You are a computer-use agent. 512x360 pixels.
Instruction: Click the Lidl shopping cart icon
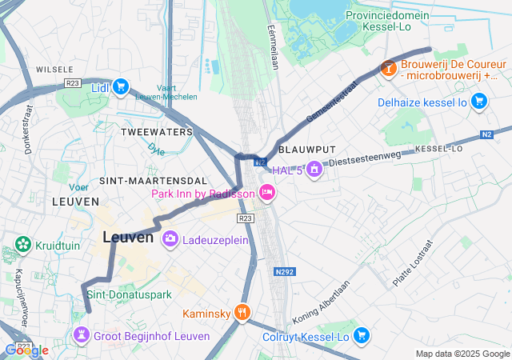tap(121, 87)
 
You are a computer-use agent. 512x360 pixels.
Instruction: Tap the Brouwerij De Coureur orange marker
tap(388, 69)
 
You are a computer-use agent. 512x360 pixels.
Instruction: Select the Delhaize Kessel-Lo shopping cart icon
tap(478, 101)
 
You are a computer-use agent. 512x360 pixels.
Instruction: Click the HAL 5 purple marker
tap(314, 170)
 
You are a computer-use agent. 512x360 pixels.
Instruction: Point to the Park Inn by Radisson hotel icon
tap(266, 193)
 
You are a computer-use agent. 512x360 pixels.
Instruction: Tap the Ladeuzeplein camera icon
tap(170, 238)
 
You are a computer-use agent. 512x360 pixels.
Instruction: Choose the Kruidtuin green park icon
tap(22, 245)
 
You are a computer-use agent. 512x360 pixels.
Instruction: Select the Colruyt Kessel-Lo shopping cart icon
tap(362, 336)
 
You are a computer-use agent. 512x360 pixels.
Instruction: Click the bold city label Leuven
tap(128, 238)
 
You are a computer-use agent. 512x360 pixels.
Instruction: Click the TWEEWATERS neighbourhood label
tap(157, 131)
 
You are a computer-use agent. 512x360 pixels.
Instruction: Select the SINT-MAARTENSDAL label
tap(148, 182)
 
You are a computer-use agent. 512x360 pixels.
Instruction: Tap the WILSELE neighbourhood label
tap(54, 69)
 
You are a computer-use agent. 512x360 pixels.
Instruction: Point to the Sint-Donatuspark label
tap(129, 295)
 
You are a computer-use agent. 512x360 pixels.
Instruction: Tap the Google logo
tap(26, 350)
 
